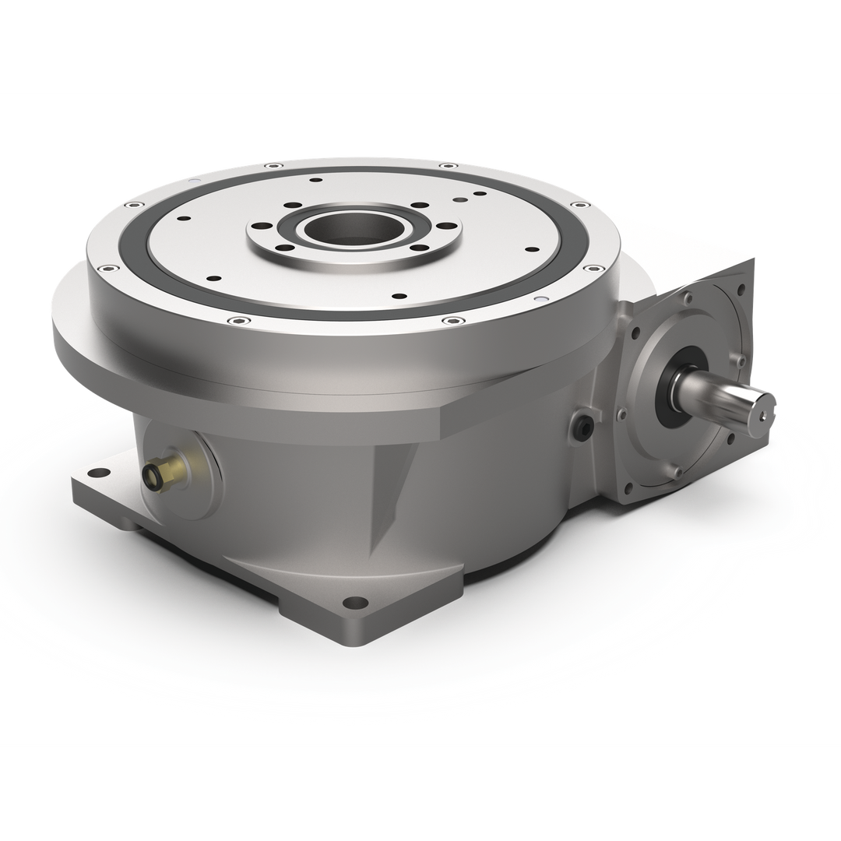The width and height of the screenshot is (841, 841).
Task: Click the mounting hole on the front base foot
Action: [355, 602]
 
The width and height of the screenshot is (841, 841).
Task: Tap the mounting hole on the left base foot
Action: [98, 473]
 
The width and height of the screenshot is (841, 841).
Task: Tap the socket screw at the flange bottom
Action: [677, 470]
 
